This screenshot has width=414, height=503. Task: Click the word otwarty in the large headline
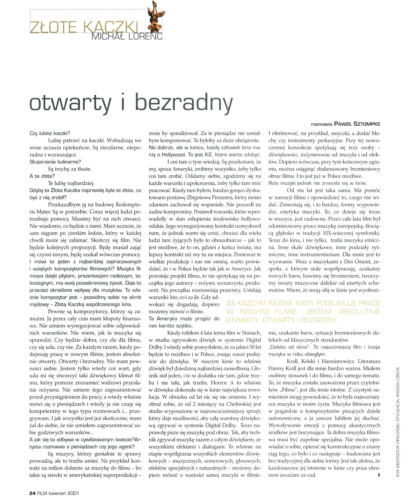pyautogui.click(x=71, y=103)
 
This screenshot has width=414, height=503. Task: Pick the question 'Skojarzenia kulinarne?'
pyautogui.click(x=55, y=162)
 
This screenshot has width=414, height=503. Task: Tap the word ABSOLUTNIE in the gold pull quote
pyautogui.click(x=359, y=312)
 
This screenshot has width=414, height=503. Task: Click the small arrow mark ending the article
pyautogui.click(x=379, y=475)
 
